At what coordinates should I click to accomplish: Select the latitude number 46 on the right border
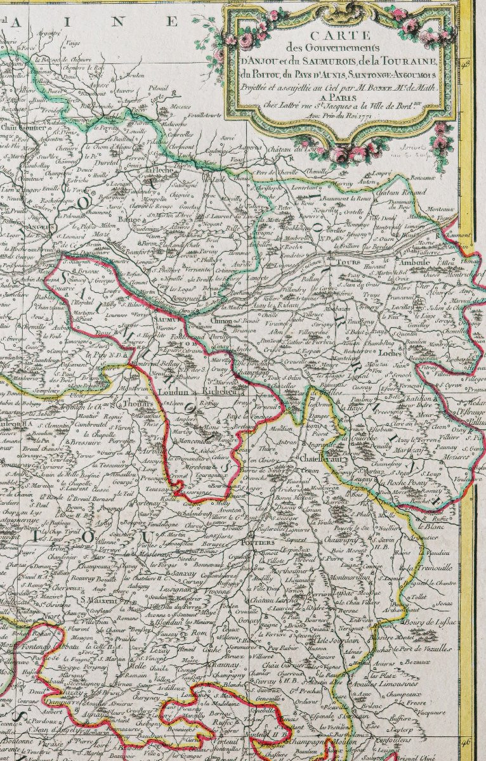(x=467, y=741)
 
